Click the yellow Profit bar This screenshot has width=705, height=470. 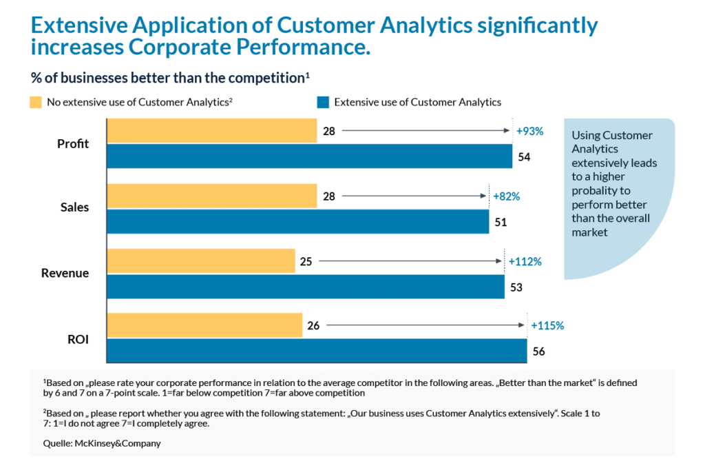click(x=212, y=130)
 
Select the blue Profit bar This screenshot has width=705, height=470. click(x=310, y=156)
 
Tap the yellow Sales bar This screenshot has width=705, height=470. click(x=212, y=196)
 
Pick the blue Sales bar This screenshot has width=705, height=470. click(x=298, y=222)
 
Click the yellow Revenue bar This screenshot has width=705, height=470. click(x=201, y=261)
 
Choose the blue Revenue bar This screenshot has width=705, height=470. click(x=306, y=287)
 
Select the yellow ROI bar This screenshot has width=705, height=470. click(x=205, y=325)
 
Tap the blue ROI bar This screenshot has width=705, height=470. click(x=317, y=350)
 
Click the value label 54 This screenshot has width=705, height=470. click(x=525, y=157)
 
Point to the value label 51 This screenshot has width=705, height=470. click(x=501, y=223)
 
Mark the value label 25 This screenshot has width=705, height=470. click(x=306, y=262)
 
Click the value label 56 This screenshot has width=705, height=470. click(x=538, y=351)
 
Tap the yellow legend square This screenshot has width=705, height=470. click(x=35, y=103)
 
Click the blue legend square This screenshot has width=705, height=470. click(x=322, y=103)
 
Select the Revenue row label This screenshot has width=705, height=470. click(x=65, y=273)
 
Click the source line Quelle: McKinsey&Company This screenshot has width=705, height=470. click(x=102, y=443)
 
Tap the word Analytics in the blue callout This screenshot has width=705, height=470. click(x=595, y=149)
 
